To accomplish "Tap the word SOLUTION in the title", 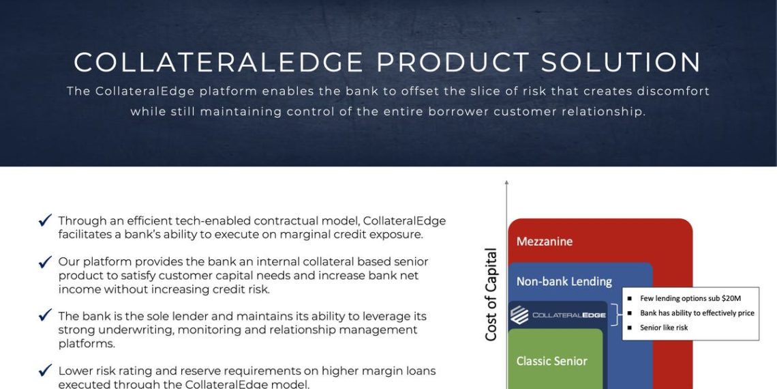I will [x=621, y=62].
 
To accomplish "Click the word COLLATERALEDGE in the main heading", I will [x=219, y=62].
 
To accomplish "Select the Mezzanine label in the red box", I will [x=544, y=242].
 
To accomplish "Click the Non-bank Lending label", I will [x=564, y=281].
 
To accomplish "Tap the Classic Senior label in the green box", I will [x=551, y=361].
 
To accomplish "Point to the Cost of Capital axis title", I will [x=491, y=295].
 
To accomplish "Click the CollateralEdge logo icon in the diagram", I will [x=519, y=315].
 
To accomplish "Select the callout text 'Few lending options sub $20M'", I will [x=690, y=298].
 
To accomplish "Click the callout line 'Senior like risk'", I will [x=663, y=328].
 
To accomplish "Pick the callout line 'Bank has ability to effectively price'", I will [x=697, y=313].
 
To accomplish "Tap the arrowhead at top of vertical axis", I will [x=506, y=182].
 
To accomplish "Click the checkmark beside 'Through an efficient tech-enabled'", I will [x=46, y=220].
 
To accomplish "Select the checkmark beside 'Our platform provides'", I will [x=46, y=261].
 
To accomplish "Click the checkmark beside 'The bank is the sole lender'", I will [x=46, y=316].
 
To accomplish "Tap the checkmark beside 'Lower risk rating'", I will [x=46, y=371].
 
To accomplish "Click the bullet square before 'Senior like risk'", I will [x=630, y=328].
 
